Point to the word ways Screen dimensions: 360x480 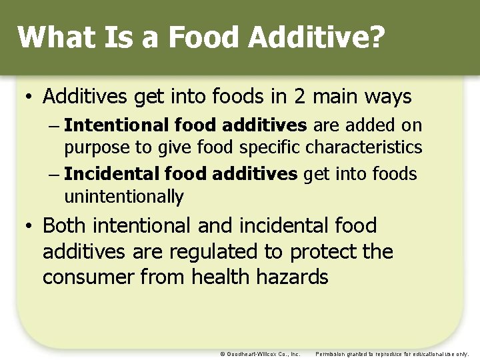click(389, 97)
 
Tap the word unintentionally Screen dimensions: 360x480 click(123, 197)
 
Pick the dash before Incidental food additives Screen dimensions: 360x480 click(55, 175)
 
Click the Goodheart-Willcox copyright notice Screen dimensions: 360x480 click(259, 353)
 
